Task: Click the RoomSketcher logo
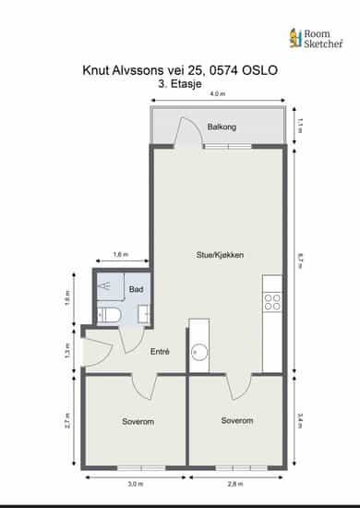click(x=316, y=38)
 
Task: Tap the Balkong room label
click(x=222, y=127)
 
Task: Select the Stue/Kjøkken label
click(x=220, y=255)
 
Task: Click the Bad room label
click(x=136, y=289)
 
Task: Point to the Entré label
click(x=160, y=352)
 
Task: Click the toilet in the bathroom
click(x=109, y=315)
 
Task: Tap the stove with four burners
click(x=272, y=302)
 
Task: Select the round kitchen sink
click(x=199, y=352)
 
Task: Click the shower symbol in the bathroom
click(x=105, y=285)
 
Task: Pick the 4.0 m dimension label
click(x=218, y=94)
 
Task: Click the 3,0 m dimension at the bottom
click(x=136, y=484)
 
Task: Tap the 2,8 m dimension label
click(x=235, y=484)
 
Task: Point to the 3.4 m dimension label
click(x=299, y=420)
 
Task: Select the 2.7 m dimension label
click(x=67, y=420)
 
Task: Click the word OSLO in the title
click(x=259, y=70)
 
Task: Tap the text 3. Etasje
click(x=180, y=84)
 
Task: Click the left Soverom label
click(x=138, y=421)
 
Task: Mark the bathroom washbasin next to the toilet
click(x=144, y=314)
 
